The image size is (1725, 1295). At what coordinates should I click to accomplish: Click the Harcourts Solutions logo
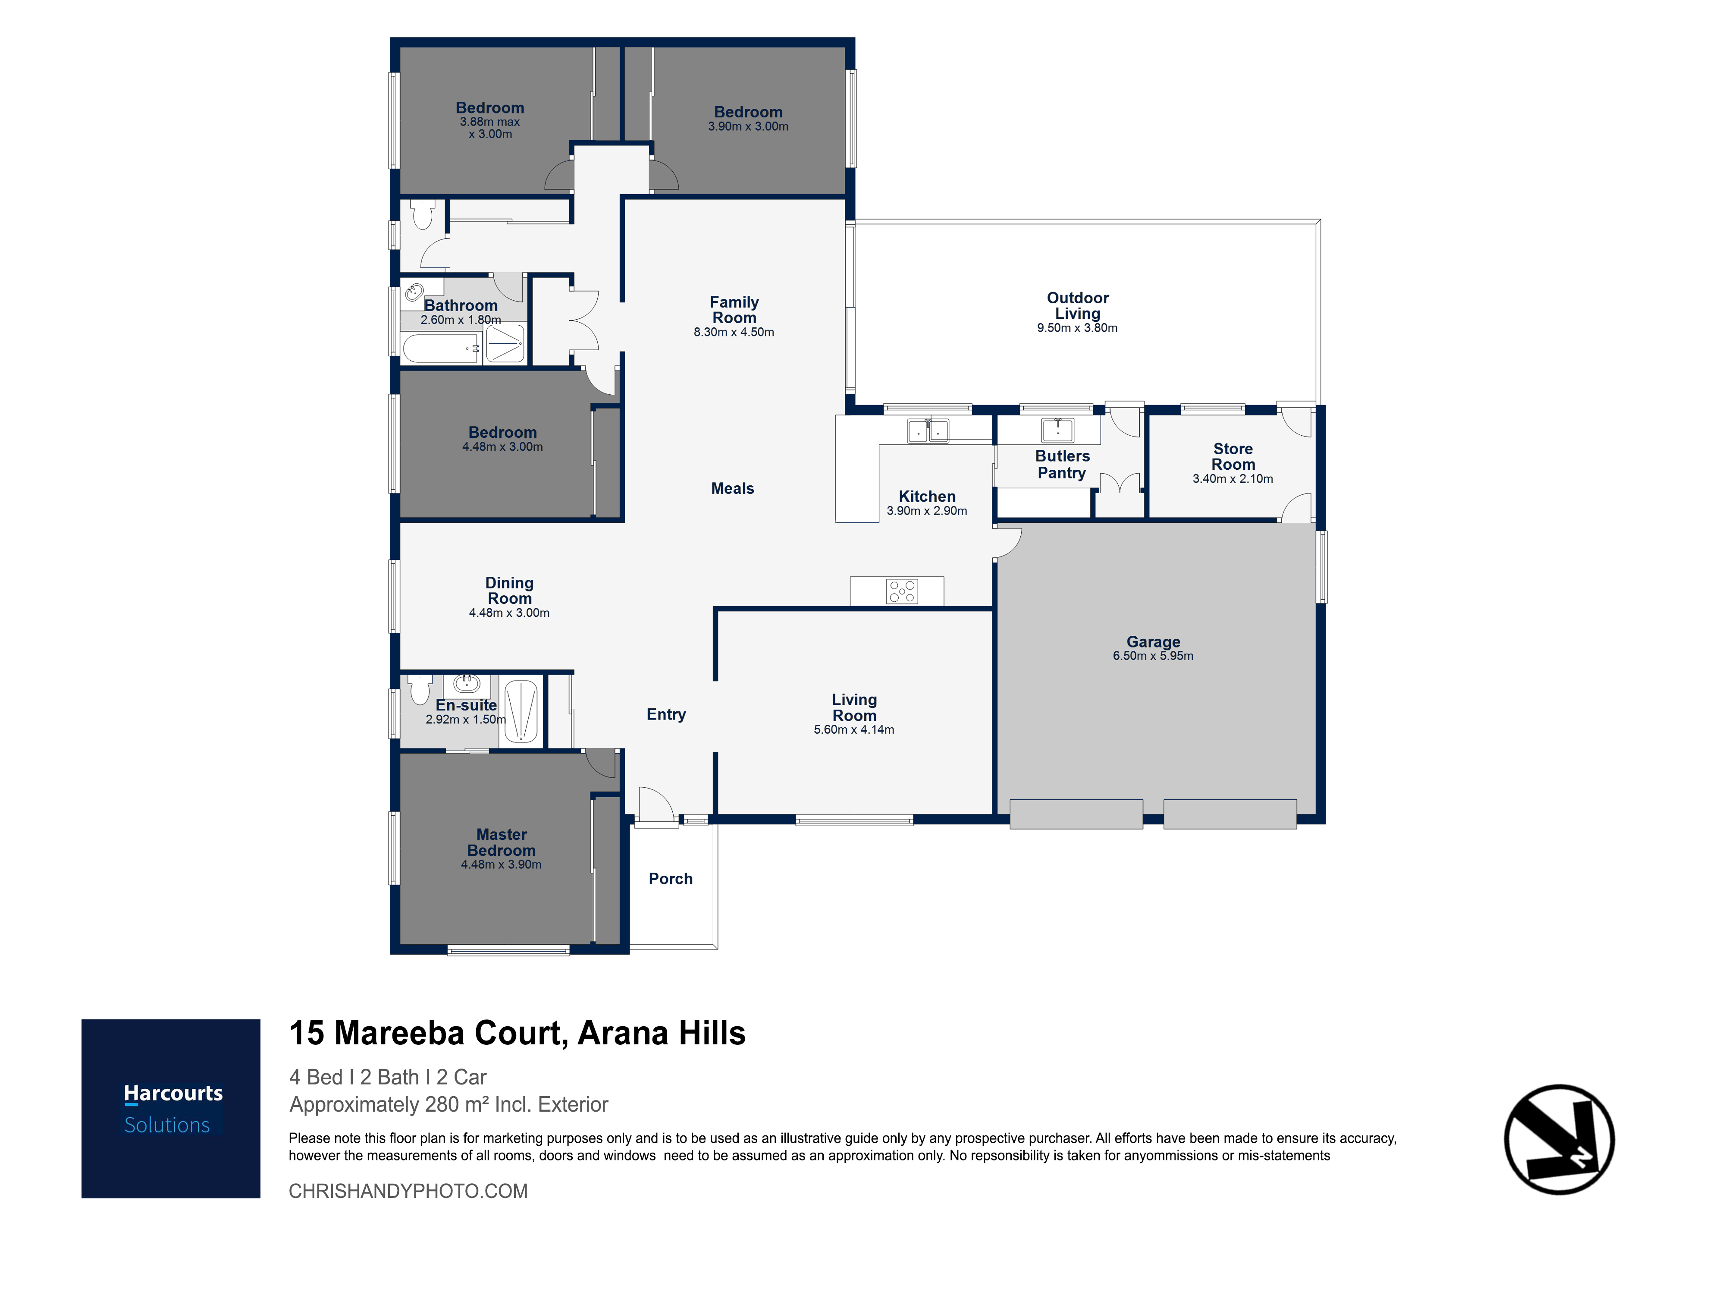pyautogui.click(x=171, y=1109)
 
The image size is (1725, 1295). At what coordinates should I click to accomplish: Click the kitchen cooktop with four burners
pyautogui.click(x=902, y=591)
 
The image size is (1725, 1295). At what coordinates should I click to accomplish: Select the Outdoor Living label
pyautogui.click(x=1078, y=306)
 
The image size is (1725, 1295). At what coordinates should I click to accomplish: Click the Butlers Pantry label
pyautogui.click(x=1062, y=464)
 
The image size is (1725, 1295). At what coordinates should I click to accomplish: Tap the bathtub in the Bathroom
pyautogui.click(x=441, y=348)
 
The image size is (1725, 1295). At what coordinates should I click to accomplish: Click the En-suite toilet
pyautogui.click(x=420, y=690)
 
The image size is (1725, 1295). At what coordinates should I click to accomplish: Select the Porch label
pyautogui.click(x=671, y=878)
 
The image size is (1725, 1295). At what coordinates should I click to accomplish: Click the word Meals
pyautogui.click(x=732, y=488)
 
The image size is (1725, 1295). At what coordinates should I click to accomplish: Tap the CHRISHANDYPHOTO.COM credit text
pyautogui.click(x=408, y=1191)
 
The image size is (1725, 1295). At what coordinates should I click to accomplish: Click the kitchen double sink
pyautogui.click(x=928, y=431)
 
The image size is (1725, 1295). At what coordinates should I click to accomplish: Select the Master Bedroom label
pyautogui.click(x=502, y=842)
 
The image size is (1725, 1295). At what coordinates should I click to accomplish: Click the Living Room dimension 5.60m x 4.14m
pyautogui.click(x=854, y=729)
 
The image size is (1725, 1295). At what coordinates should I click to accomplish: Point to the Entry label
pyautogui.click(x=666, y=715)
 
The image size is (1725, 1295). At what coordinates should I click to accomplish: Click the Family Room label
pyautogui.click(x=734, y=310)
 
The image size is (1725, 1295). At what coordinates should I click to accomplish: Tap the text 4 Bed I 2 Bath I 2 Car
pyautogui.click(x=388, y=1077)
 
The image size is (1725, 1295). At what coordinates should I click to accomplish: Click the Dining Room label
pyautogui.click(x=509, y=591)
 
